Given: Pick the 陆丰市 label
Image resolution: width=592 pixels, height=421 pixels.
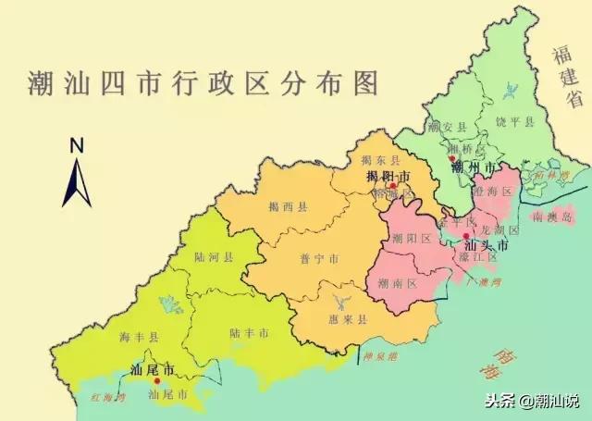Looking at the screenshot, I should pyautogui.click(x=250, y=331).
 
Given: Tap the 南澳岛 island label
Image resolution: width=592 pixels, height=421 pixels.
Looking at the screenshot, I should pyautogui.click(x=553, y=216).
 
